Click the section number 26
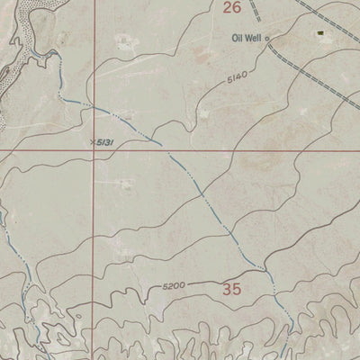(x=231, y=8)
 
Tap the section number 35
(x=231, y=289)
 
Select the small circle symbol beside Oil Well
(x=266, y=38)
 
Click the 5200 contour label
(x=174, y=285)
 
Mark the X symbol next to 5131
(x=94, y=139)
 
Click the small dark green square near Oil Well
(x=319, y=32)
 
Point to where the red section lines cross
(x=94, y=148)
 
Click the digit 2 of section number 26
(x=226, y=8)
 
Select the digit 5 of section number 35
(x=237, y=289)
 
